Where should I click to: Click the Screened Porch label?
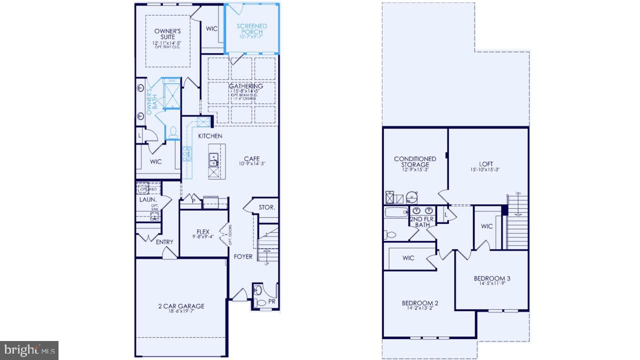(x=251, y=29)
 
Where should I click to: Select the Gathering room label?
(x=246, y=86)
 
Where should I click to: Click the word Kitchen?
(x=210, y=136)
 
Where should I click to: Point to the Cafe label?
(x=251, y=159)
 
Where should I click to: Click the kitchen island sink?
(x=213, y=159)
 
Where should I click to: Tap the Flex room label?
(x=202, y=231)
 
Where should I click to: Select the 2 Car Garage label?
(x=181, y=306)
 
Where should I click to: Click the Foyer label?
(x=243, y=256)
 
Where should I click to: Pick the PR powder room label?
(x=271, y=302)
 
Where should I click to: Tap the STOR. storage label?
(x=266, y=207)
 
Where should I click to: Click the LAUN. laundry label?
(x=148, y=199)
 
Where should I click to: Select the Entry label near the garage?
(x=164, y=242)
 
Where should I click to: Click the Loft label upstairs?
(x=485, y=164)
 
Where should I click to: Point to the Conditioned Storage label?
(x=415, y=161)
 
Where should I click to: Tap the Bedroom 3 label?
(x=492, y=278)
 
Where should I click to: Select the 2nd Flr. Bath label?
(x=422, y=221)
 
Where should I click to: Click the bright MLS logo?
(x=29, y=349)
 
